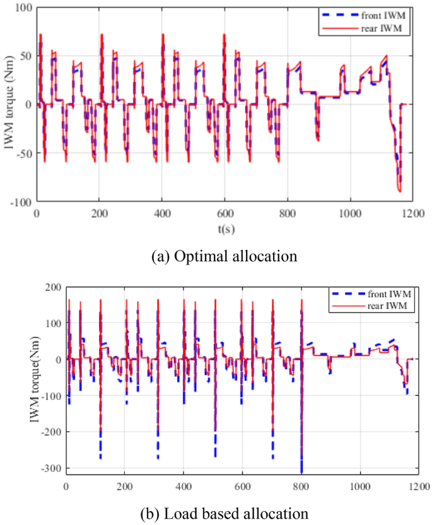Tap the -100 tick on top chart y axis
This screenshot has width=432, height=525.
click(21, 202)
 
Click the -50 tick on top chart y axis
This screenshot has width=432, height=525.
click(23, 153)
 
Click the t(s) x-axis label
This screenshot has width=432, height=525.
click(225, 229)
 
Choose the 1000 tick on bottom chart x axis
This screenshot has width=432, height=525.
click(360, 487)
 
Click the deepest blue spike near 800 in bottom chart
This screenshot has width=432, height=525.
click(302, 470)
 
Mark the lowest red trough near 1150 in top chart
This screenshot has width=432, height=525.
click(400, 191)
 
